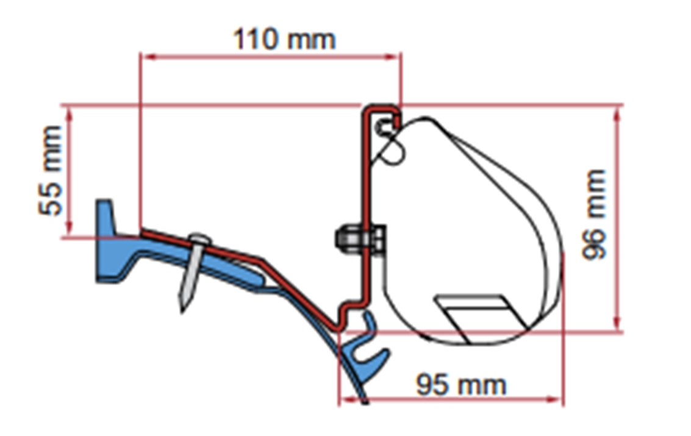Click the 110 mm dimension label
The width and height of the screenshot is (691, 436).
284,39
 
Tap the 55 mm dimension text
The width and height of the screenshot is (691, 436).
50,171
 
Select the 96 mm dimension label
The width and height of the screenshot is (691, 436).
594,215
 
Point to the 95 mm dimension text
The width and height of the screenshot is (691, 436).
461,384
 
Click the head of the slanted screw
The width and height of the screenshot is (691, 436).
200,240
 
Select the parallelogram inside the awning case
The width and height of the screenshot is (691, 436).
481,318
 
